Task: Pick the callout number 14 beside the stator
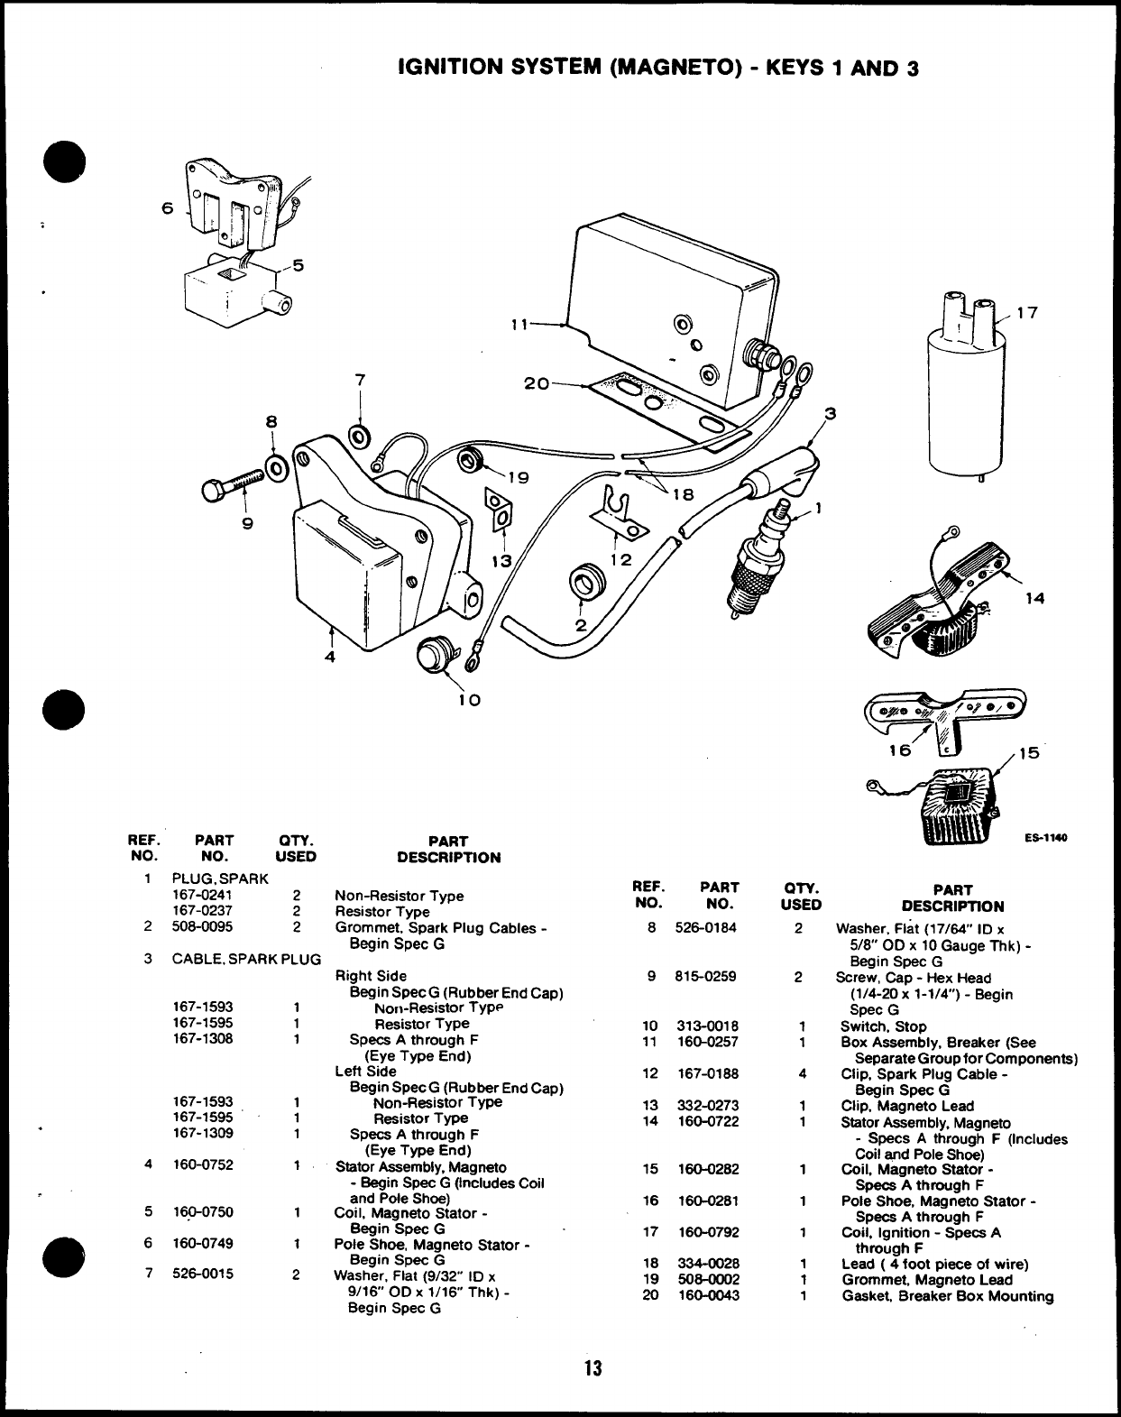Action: pos(1035,598)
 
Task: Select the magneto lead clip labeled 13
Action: pos(497,508)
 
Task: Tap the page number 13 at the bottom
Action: pos(592,1367)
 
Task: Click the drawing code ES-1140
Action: pos(1045,838)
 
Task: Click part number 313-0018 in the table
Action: pos(708,1026)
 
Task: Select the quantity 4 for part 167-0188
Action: pos(802,1074)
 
